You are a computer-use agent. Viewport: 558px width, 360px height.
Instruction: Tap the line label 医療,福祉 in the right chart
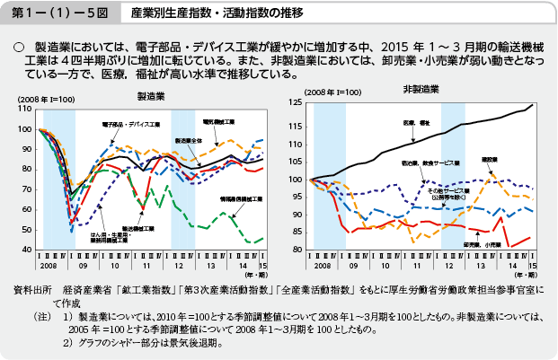tap(415, 122)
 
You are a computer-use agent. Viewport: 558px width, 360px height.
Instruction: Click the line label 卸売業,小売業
tap(479, 243)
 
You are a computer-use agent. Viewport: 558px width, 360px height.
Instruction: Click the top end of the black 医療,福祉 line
tap(532, 105)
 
